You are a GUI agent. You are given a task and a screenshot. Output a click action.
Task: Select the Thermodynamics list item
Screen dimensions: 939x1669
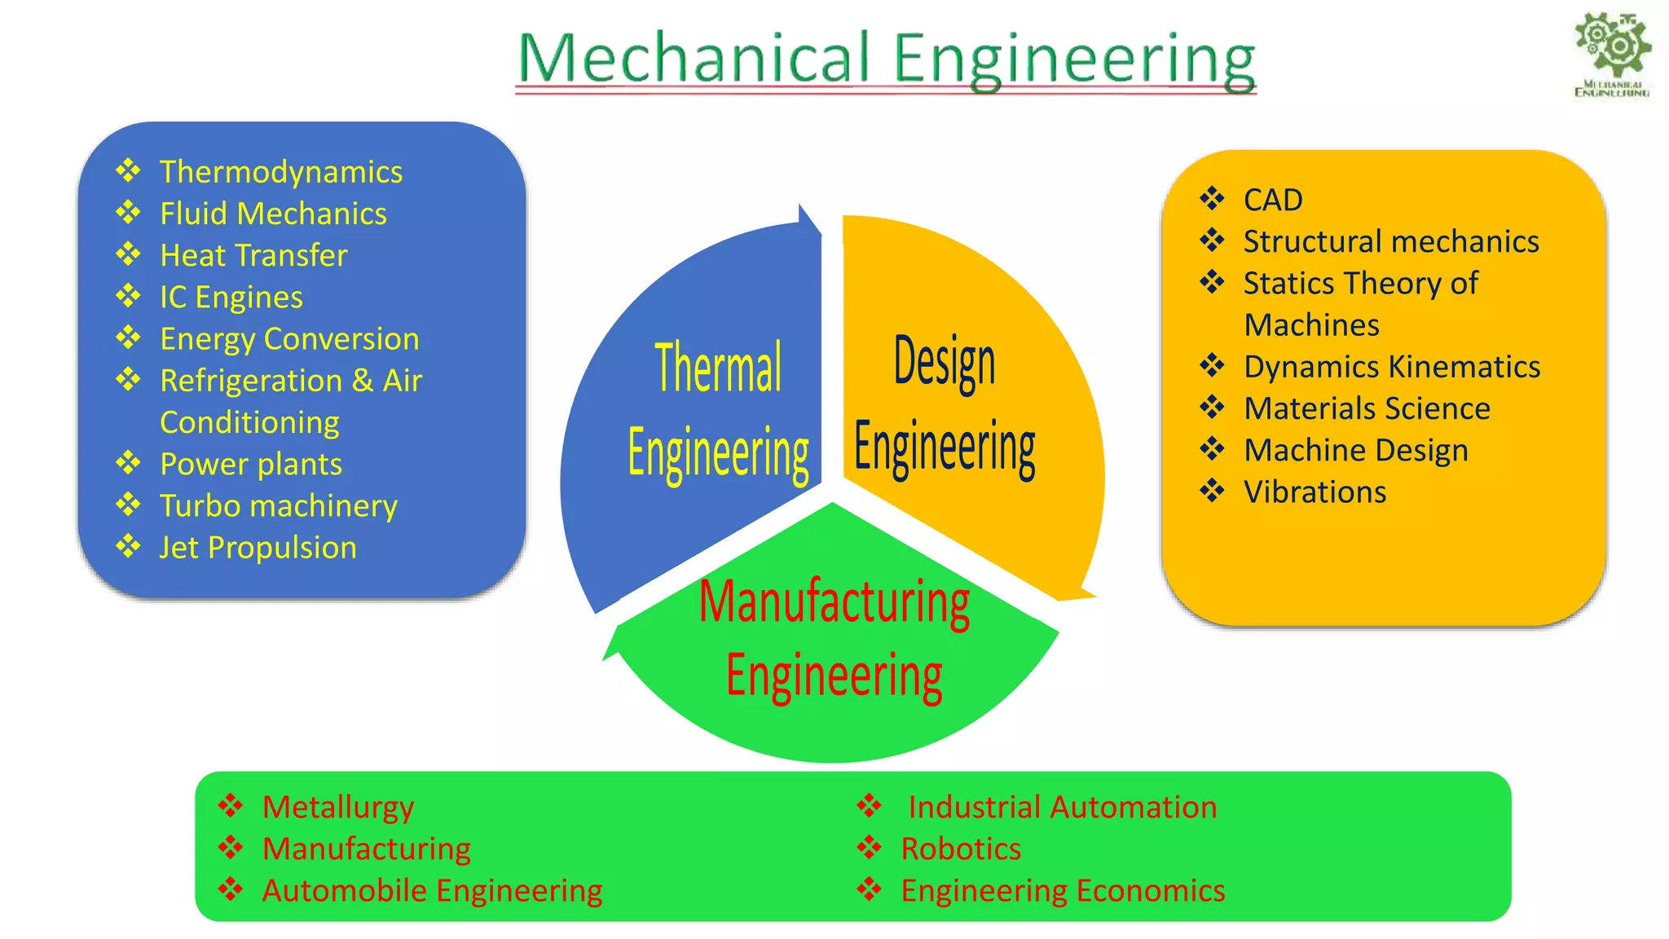280,172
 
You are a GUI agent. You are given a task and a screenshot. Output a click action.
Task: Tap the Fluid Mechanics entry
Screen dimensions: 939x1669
273,214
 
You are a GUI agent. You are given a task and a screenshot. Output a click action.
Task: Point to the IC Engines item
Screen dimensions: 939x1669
231,298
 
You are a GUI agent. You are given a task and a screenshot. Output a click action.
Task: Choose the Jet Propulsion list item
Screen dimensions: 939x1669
258,548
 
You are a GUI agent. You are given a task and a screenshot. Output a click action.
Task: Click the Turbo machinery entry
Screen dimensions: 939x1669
278,506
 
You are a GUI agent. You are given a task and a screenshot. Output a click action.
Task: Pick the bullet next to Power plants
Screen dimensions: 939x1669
128,463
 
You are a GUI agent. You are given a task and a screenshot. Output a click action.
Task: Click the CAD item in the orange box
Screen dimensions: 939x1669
1273,200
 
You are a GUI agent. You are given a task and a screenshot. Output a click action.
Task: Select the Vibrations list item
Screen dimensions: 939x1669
1315,492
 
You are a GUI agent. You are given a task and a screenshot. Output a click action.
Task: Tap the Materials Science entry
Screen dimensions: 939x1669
1367,408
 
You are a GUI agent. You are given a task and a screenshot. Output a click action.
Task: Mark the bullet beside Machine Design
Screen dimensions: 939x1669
1212,448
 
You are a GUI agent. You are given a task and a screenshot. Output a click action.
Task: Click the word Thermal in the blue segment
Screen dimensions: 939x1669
718,368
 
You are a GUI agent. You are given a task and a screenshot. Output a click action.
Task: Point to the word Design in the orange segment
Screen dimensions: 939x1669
945,361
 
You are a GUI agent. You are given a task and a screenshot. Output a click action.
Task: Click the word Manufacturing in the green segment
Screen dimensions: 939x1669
834,602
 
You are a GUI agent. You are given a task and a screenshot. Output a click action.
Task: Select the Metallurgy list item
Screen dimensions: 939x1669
337,807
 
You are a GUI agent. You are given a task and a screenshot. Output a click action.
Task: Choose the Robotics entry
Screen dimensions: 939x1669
960,849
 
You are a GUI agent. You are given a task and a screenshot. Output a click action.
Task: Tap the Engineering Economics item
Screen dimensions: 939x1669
1062,891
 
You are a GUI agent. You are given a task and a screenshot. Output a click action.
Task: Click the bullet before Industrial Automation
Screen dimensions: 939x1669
870,806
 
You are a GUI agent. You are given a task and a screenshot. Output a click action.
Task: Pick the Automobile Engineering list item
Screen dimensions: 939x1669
432,891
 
